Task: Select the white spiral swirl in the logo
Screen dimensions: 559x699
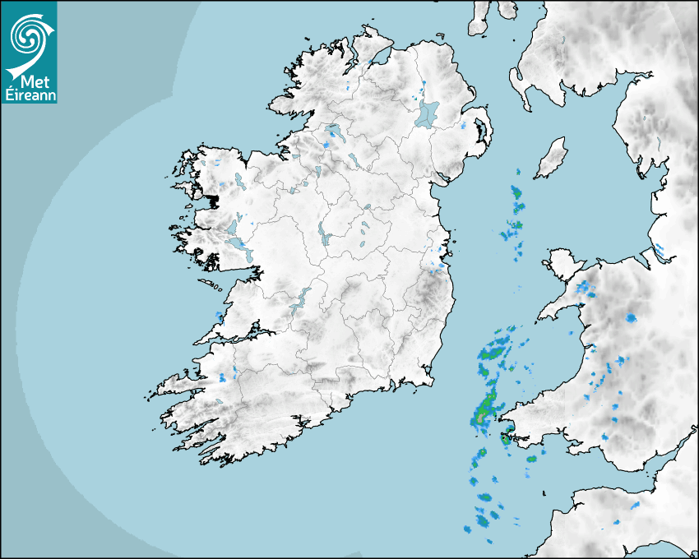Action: [x=26, y=36]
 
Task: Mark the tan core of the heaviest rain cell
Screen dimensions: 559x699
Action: [x=479, y=418]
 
